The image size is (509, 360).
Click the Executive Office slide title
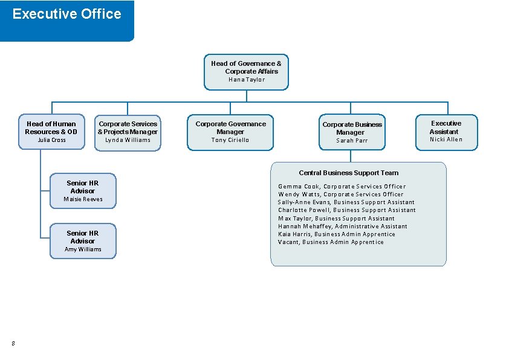pyautogui.click(x=66, y=14)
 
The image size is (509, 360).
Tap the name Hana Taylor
pyautogui.click(x=246, y=80)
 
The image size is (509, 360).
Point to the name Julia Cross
pyautogui.click(x=51, y=140)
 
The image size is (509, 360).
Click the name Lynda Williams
pyautogui.click(x=128, y=140)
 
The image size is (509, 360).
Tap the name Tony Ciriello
pyautogui.click(x=230, y=140)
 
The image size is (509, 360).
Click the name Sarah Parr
pyautogui.click(x=352, y=141)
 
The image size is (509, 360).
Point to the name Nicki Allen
pyautogui.click(x=446, y=140)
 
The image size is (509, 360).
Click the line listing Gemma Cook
pyautogui.click(x=342, y=187)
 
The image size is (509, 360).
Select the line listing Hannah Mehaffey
pyautogui.click(x=342, y=227)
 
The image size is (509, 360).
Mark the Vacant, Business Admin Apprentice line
pyautogui.click(x=331, y=242)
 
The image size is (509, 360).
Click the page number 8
pyautogui.click(x=13, y=344)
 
